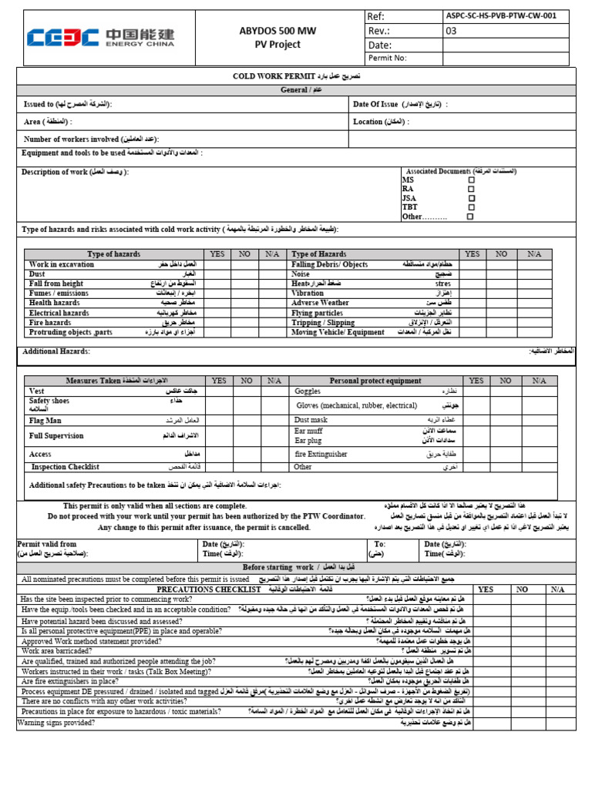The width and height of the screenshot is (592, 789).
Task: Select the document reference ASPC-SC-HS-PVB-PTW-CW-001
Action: click(x=500, y=16)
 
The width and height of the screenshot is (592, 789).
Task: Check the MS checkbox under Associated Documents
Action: click(x=471, y=180)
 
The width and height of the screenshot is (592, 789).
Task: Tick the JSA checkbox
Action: click(x=471, y=198)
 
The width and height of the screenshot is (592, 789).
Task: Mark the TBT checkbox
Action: click(x=471, y=207)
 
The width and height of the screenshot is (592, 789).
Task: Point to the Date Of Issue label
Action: click(x=375, y=104)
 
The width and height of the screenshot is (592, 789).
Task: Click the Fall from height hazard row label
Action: click(x=56, y=284)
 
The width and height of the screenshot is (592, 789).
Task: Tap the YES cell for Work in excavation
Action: click(x=216, y=264)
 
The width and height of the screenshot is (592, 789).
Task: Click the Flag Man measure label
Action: click(x=45, y=421)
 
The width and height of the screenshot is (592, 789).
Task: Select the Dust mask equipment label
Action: click(x=311, y=419)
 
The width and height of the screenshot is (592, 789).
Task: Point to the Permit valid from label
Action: click(x=47, y=544)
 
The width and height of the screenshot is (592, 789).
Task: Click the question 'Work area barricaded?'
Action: click(x=56, y=651)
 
